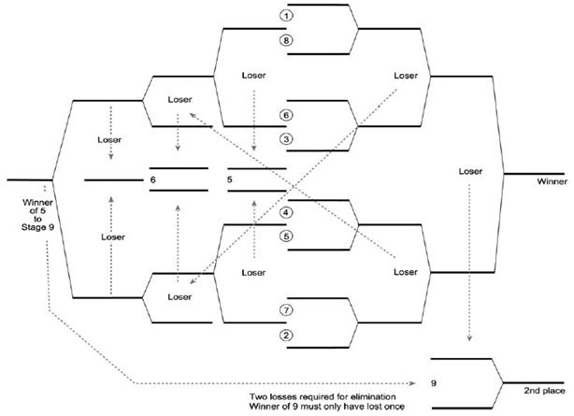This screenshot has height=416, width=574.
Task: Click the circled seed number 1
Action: (287, 16)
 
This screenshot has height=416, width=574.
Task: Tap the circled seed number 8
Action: (287, 40)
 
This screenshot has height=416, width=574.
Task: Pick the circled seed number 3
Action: (287, 138)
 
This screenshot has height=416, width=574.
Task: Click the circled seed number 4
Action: (287, 212)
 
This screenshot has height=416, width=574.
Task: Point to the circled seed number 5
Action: (287, 237)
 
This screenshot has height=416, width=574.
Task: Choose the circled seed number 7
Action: (287, 309)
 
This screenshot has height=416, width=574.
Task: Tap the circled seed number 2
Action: (287, 335)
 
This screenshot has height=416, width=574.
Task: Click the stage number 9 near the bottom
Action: (434, 382)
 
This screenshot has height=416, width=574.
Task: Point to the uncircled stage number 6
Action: (152, 178)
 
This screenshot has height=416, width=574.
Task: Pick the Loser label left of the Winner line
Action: (470, 171)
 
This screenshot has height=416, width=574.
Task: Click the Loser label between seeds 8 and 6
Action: (254, 74)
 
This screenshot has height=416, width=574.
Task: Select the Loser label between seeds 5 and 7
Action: (254, 272)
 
